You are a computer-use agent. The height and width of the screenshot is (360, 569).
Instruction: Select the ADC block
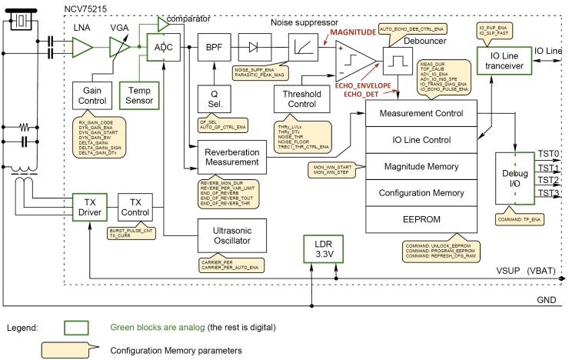click(163, 48)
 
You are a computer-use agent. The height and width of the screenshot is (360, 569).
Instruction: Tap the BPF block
click(214, 48)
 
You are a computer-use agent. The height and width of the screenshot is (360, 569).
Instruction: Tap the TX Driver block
click(90, 205)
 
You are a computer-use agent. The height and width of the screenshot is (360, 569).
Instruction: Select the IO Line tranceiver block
click(504, 62)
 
